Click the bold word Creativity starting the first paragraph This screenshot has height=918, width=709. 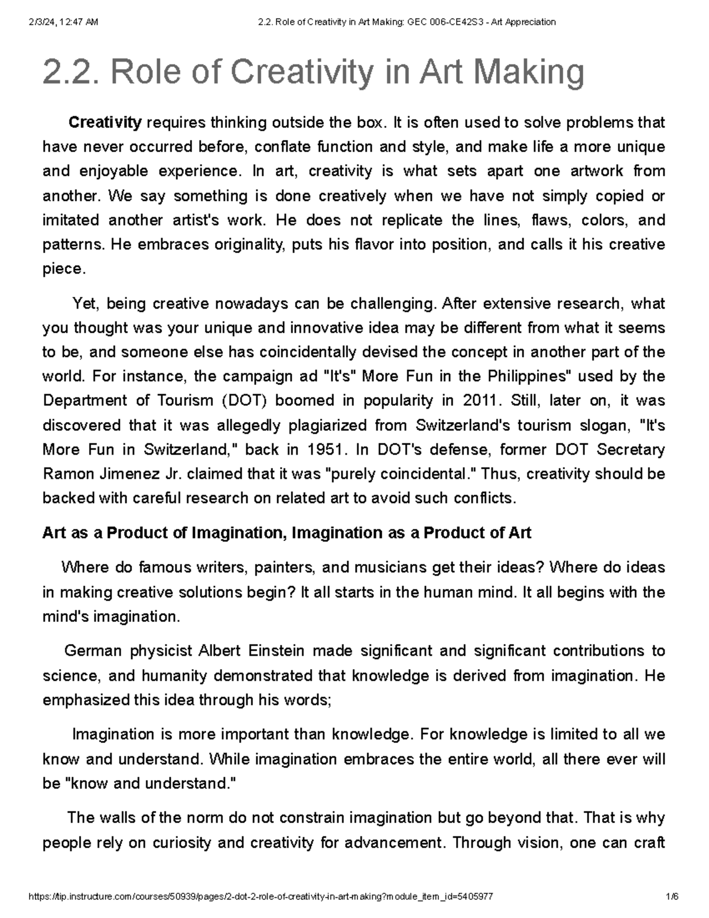(x=105, y=123)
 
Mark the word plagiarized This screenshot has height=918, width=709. (x=365, y=426)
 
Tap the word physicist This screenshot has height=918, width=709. (x=157, y=651)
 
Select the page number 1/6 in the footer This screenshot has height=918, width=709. (x=672, y=897)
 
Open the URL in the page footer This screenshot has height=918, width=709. (x=261, y=897)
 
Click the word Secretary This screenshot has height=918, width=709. (x=630, y=450)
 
